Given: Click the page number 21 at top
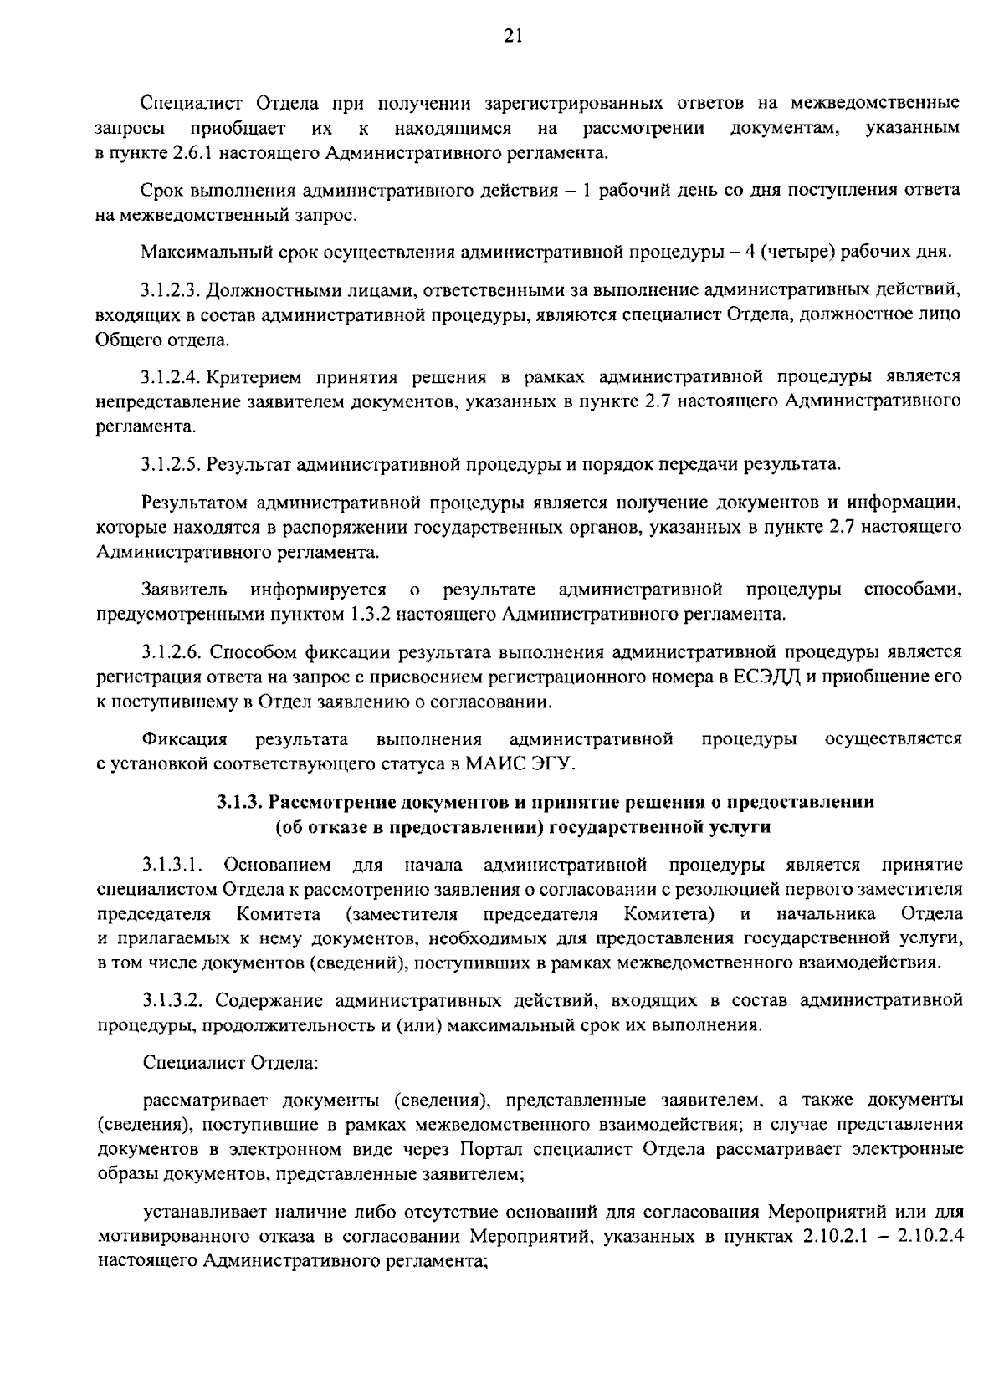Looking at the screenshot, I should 502,35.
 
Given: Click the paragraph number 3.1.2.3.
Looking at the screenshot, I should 171,291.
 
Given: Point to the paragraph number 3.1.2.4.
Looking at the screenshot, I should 171,376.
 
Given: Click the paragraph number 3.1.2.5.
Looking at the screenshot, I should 171,463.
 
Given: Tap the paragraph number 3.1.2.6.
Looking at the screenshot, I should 171,651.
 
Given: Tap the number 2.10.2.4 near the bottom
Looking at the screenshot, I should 930,1236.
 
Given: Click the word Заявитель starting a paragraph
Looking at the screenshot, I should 185,590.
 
